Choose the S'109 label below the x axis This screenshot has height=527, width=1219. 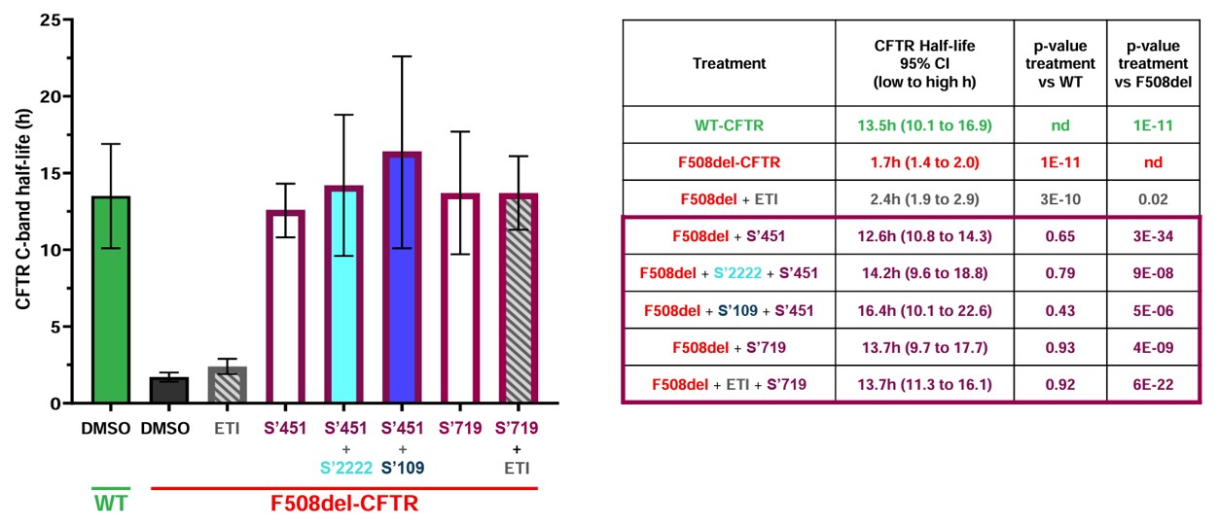[401, 468]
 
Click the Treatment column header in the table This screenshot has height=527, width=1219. [729, 63]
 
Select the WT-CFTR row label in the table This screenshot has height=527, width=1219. [729, 125]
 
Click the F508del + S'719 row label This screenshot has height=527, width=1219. [729, 348]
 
